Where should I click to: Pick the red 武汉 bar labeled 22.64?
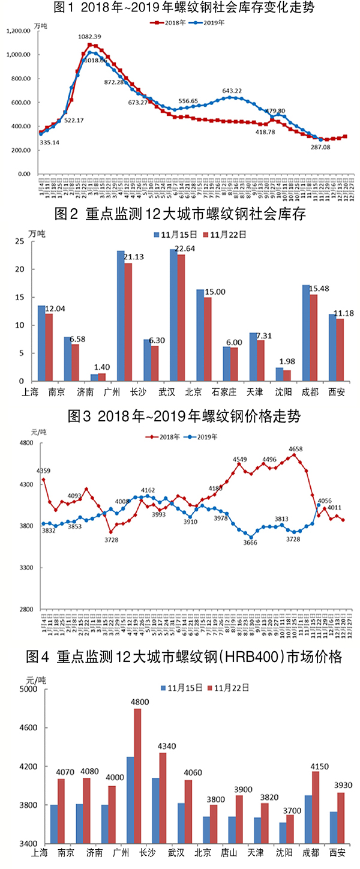click(x=181, y=318)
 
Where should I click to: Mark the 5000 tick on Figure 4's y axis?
click(x=28, y=690)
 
